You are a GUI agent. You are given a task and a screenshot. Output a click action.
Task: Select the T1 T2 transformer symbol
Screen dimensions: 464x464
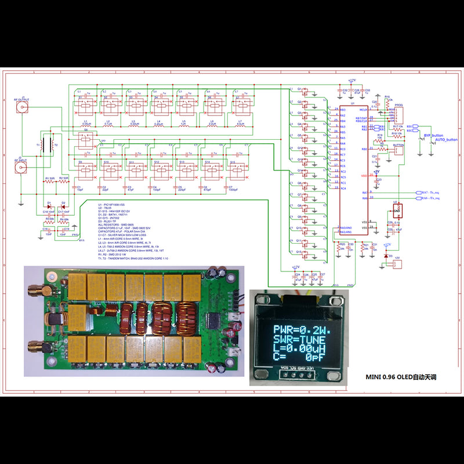pyautogui.click(x=48, y=146)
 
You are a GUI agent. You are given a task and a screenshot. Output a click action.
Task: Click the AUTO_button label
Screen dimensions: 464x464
pyautogui.click(x=446, y=140)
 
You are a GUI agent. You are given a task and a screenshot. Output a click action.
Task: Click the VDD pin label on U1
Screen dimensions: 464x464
pyautogui.click(x=364, y=176)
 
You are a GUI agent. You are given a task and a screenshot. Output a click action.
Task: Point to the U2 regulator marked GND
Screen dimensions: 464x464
pyautogui.click(x=396, y=211)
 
